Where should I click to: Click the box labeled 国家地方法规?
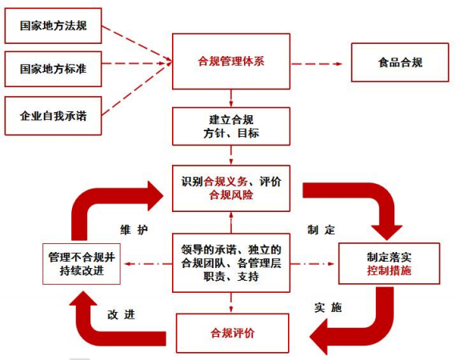coord(53,26)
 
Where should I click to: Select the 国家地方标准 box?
coord(53,69)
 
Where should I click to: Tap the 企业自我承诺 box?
coord(53,116)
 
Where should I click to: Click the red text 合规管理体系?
coord(231,62)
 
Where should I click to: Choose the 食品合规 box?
coord(400,62)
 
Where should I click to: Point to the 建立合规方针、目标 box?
coord(231,126)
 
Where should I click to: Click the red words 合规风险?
coord(231,195)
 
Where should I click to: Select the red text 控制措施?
coord(389,270)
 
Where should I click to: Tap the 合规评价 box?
coord(232,333)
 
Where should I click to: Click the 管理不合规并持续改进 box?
coord(82,264)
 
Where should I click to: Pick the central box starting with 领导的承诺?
coord(231,263)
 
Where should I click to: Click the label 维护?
coord(134,230)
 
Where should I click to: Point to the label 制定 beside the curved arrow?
coord(322,230)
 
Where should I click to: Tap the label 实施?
coord(328,307)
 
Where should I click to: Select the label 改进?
coord(122,314)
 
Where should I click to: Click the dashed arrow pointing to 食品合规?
coord(317,64)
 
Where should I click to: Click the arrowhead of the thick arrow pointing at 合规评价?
coord(318,337)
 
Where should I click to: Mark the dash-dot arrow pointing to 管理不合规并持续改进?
coord(148,264)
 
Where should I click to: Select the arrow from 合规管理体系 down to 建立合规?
coord(231,98)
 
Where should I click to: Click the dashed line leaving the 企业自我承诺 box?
coord(137,89)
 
